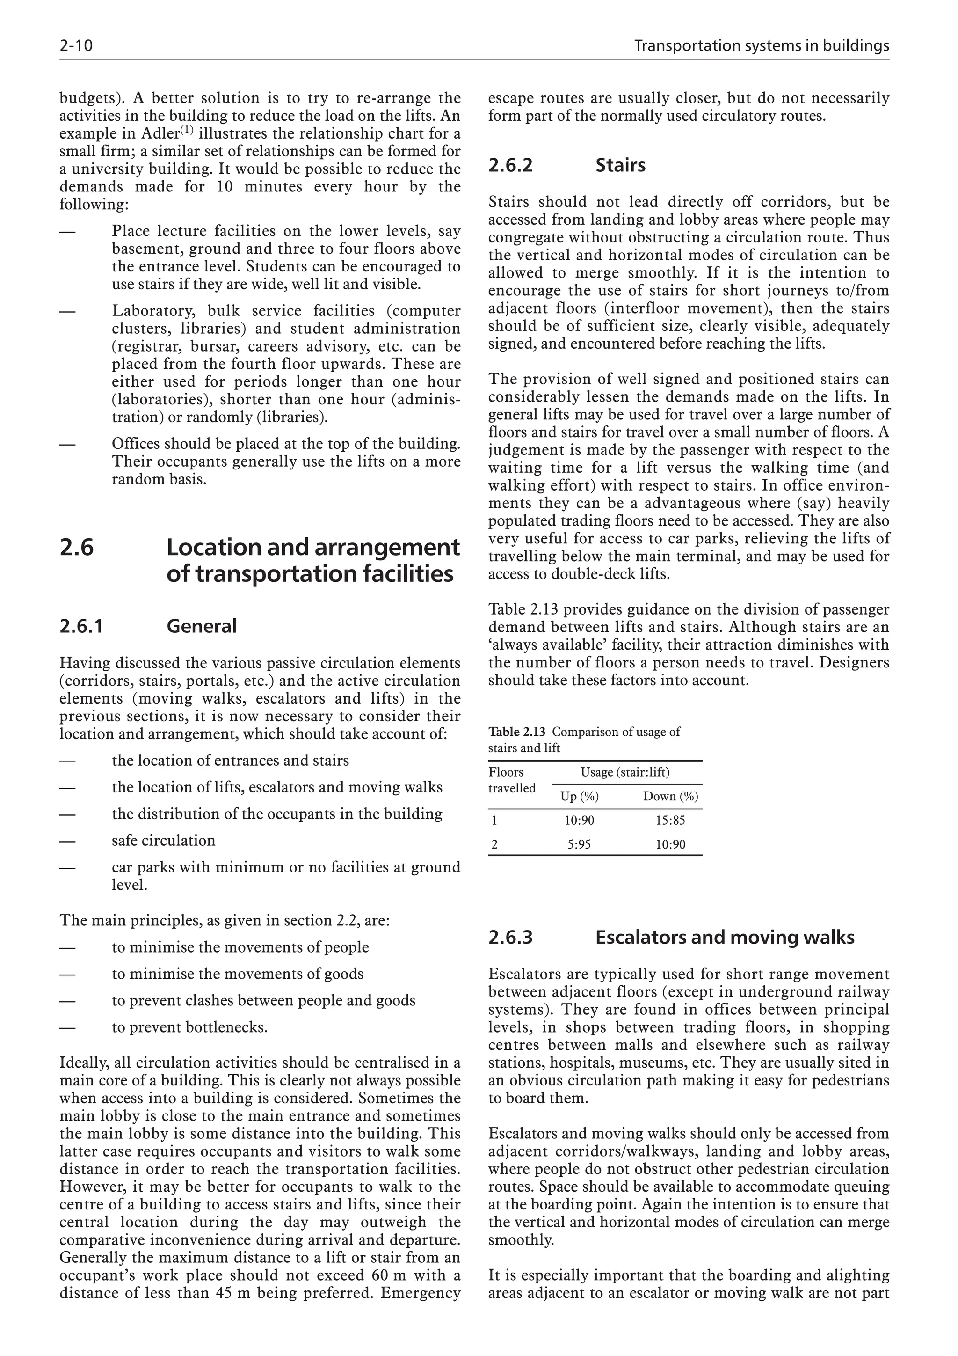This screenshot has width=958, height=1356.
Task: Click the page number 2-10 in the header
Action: click(x=76, y=46)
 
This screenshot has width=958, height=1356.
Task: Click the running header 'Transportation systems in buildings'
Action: click(x=761, y=46)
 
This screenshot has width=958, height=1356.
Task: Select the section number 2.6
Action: click(x=77, y=548)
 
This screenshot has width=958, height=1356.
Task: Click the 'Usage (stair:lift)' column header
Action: click(x=625, y=772)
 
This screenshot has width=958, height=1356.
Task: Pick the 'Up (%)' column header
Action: click(x=579, y=797)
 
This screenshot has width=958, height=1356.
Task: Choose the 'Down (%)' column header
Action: click(x=670, y=797)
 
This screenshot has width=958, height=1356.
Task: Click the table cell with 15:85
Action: click(x=670, y=821)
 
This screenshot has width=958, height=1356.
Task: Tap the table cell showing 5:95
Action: click(x=579, y=844)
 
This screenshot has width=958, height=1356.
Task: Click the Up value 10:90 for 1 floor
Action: click(x=579, y=821)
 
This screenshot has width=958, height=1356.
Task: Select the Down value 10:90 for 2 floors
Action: click(x=670, y=844)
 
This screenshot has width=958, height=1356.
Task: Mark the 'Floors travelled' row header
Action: click(x=511, y=780)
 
